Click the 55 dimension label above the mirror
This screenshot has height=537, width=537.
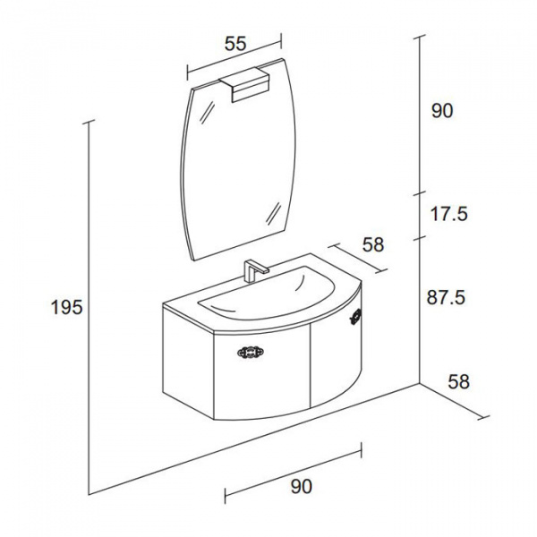(235, 44)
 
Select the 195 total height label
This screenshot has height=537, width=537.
(67, 307)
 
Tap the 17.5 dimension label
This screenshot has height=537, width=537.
(449, 214)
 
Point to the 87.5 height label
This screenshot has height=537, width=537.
(447, 297)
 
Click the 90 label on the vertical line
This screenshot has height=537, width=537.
(442, 111)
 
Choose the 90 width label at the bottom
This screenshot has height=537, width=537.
(302, 486)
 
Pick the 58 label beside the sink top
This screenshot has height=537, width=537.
(373, 244)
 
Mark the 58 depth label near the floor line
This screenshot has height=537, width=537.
(458, 381)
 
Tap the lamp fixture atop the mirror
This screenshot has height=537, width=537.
(244, 84)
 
